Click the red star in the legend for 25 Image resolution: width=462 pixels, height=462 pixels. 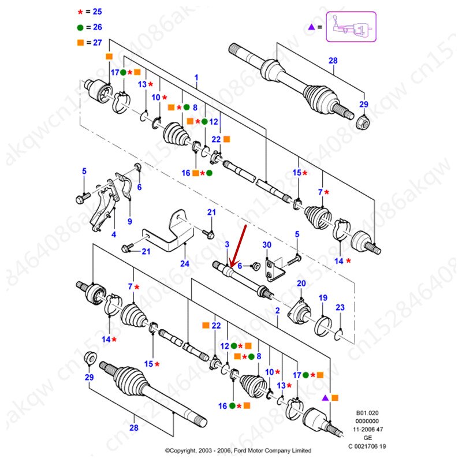[x=80, y=11]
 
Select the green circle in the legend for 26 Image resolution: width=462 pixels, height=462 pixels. [x=80, y=27]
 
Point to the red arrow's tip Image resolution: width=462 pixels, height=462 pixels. [x=230, y=267]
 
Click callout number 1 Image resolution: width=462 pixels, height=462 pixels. [x=196, y=77]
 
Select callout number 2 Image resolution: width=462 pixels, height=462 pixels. [x=277, y=311]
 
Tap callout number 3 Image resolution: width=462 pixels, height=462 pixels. [x=227, y=246]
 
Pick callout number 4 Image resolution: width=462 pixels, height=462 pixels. [x=113, y=234]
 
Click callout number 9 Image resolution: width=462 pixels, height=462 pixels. [x=129, y=221]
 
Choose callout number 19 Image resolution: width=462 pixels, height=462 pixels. [x=323, y=298]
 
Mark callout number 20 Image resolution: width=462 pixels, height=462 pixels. [x=301, y=283]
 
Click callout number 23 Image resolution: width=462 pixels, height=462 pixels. [x=340, y=307]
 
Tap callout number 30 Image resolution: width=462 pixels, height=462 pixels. [x=266, y=246]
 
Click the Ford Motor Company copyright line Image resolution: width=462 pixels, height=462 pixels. [x=238, y=450]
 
